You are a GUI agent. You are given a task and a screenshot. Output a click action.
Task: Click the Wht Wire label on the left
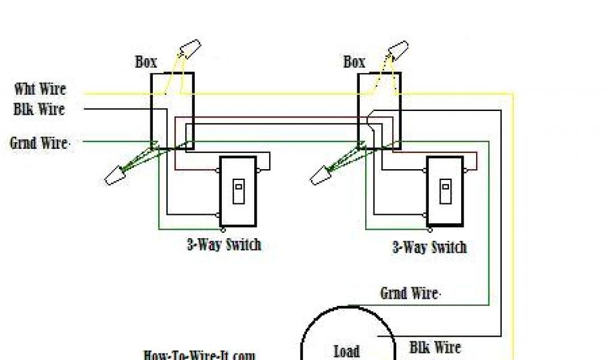pyautogui.click(x=40, y=90)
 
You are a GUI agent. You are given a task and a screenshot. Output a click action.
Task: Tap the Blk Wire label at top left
pyautogui.click(x=39, y=110)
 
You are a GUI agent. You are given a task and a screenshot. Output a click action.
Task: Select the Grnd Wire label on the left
pyautogui.click(x=40, y=143)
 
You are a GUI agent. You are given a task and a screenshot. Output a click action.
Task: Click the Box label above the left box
pyautogui.click(x=146, y=62)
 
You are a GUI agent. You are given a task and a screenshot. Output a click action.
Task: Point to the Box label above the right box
pyautogui.click(x=354, y=62)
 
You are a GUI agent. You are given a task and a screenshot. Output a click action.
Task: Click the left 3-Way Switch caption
pyautogui.click(x=224, y=245)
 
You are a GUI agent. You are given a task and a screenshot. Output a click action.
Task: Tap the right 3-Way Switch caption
pyautogui.click(x=429, y=247)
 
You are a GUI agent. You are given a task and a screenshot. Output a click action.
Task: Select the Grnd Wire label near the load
pyautogui.click(x=410, y=293)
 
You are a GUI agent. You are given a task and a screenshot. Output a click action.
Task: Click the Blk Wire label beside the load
pyautogui.click(x=435, y=347)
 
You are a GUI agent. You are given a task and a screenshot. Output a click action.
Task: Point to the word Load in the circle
pyautogui.click(x=347, y=351)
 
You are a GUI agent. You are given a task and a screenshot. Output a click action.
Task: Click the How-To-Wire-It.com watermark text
pyautogui.click(x=199, y=355)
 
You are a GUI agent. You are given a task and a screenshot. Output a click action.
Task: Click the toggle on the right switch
pyautogui.click(x=445, y=191)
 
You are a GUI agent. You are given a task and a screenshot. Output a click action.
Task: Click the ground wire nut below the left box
pyautogui.click(x=113, y=175)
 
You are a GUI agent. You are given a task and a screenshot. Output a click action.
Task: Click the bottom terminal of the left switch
pyautogui.click(x=223, y=229)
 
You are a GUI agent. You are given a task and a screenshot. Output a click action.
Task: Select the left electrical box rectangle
pyautogui.click(x=171, y=111)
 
